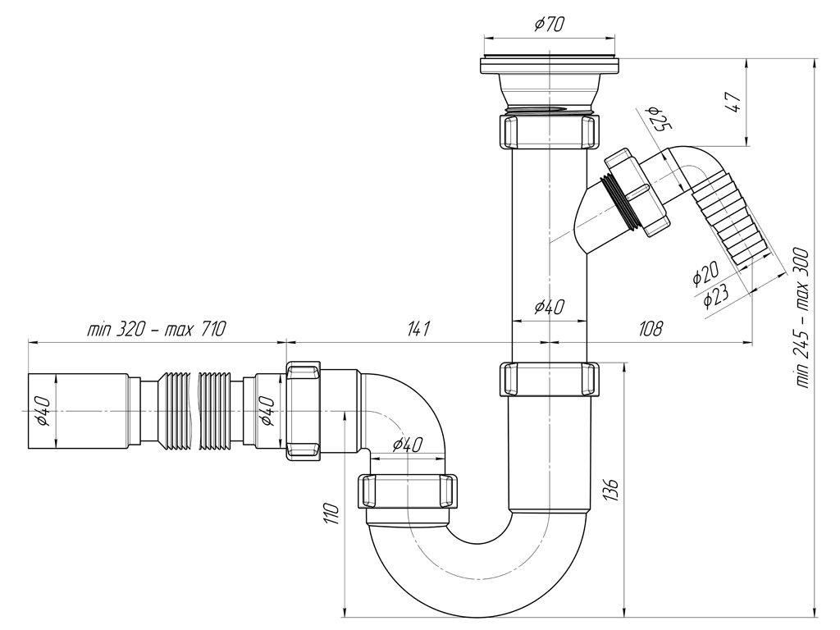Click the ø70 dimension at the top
[549, 24]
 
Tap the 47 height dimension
[733, 102]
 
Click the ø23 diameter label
[715, 295]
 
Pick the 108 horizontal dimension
[651, 328]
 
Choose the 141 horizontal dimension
[418, 328]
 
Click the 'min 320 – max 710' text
[157, 328]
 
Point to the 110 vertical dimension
[332, 514]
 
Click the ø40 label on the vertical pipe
[549, 307]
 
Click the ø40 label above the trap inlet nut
[407, 445]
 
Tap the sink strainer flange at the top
[550, 64]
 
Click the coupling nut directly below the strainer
[550, 130]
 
